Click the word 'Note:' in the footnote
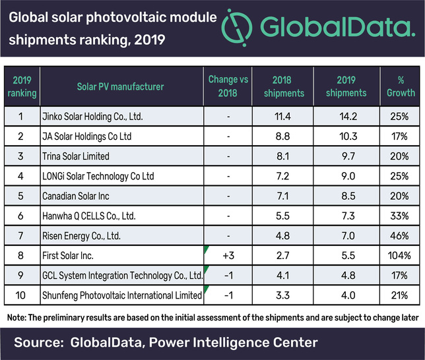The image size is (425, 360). click(x=19, y=317)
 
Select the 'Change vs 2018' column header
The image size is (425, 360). click(x=228, y=86)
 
